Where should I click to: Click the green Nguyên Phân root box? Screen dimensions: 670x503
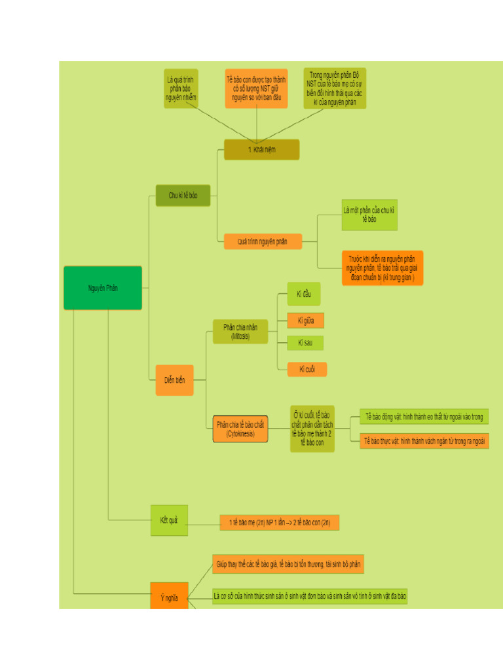point(103,288)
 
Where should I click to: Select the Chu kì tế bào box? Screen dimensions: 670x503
point(183,196)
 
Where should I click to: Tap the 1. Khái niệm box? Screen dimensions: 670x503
point(261,150)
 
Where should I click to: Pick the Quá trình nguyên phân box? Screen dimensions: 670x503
point(263,241)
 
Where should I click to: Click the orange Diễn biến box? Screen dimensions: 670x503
point(174,380)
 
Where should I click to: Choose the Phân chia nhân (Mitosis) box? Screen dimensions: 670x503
point(240,332)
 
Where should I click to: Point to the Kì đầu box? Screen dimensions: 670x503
point(304,294)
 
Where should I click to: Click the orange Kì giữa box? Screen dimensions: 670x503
point(306,321)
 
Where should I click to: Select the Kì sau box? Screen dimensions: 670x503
point(305,343)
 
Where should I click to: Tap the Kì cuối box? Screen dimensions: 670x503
point(307,370)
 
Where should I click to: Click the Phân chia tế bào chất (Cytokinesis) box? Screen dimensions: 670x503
point(240,429)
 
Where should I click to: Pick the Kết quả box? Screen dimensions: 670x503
point(169,520)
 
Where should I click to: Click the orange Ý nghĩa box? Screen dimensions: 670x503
point(169,596)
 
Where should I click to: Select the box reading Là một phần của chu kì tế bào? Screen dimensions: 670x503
point(369,215)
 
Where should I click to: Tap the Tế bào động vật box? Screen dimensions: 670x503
point(424,417)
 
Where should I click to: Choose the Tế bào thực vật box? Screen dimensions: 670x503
point(424,441)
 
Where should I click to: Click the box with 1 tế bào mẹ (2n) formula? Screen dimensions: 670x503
point(280,523)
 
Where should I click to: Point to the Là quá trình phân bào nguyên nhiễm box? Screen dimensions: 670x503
point(181,88)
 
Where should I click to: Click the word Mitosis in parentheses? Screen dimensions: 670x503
point(240,337)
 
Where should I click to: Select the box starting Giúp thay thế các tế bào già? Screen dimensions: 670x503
point(288,564)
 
